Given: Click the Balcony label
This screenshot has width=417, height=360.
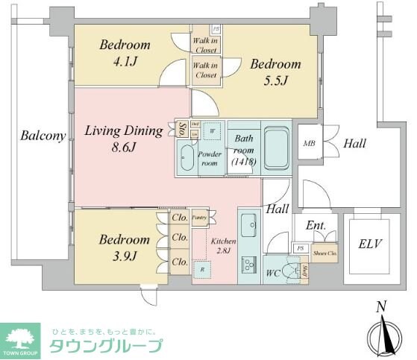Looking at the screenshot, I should pos(42,136).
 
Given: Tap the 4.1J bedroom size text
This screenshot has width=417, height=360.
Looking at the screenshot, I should pos(125,62).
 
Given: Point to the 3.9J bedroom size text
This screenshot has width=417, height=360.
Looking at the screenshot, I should pos(125,258).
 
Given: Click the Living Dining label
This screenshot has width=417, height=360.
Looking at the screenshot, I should pos(123,131).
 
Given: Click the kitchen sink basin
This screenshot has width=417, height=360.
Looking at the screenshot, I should pos(248,223).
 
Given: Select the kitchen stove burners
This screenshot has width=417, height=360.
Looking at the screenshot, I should pos(248,265).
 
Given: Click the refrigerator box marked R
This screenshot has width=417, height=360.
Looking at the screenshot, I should pos(201,268).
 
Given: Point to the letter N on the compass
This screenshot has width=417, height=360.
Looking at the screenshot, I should pos(381,306).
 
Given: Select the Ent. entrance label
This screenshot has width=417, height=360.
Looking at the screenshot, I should pos(315,226).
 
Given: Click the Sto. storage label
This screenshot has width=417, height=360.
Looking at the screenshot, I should pos(181,130).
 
